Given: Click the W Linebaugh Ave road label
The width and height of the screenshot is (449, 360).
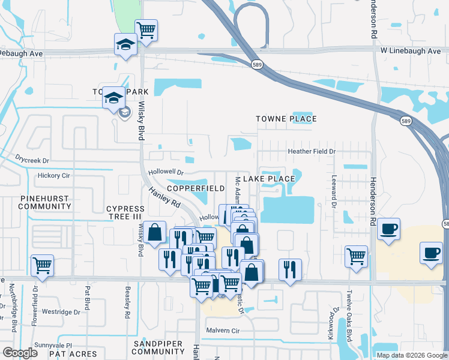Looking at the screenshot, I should tap(411, 51).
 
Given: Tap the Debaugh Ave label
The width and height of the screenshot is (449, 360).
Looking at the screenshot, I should tap(22, 53).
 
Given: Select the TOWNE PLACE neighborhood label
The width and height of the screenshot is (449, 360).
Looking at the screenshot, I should tap(286, 119).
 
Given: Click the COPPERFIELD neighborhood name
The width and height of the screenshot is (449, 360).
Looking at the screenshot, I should tap(195, 188).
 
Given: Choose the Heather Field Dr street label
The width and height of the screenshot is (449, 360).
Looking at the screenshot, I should tap(311, 152).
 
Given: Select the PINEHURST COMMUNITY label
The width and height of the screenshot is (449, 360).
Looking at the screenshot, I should tap(45, 202).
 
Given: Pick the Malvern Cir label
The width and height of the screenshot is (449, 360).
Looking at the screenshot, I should tap(223, 331).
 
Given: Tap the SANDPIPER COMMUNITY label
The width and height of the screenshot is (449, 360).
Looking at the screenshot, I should tap(160, 347).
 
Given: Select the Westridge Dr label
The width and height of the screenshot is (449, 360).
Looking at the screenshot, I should tap(61, 312).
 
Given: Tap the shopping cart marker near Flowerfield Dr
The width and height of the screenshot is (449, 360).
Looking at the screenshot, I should tap(42, 265).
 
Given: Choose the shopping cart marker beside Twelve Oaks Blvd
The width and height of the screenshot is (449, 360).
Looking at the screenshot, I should tap(357, 256).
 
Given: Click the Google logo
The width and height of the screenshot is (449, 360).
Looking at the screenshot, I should tap(20, 353).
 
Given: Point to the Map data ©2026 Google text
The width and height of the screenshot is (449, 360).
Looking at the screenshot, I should tap(411, 355).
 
